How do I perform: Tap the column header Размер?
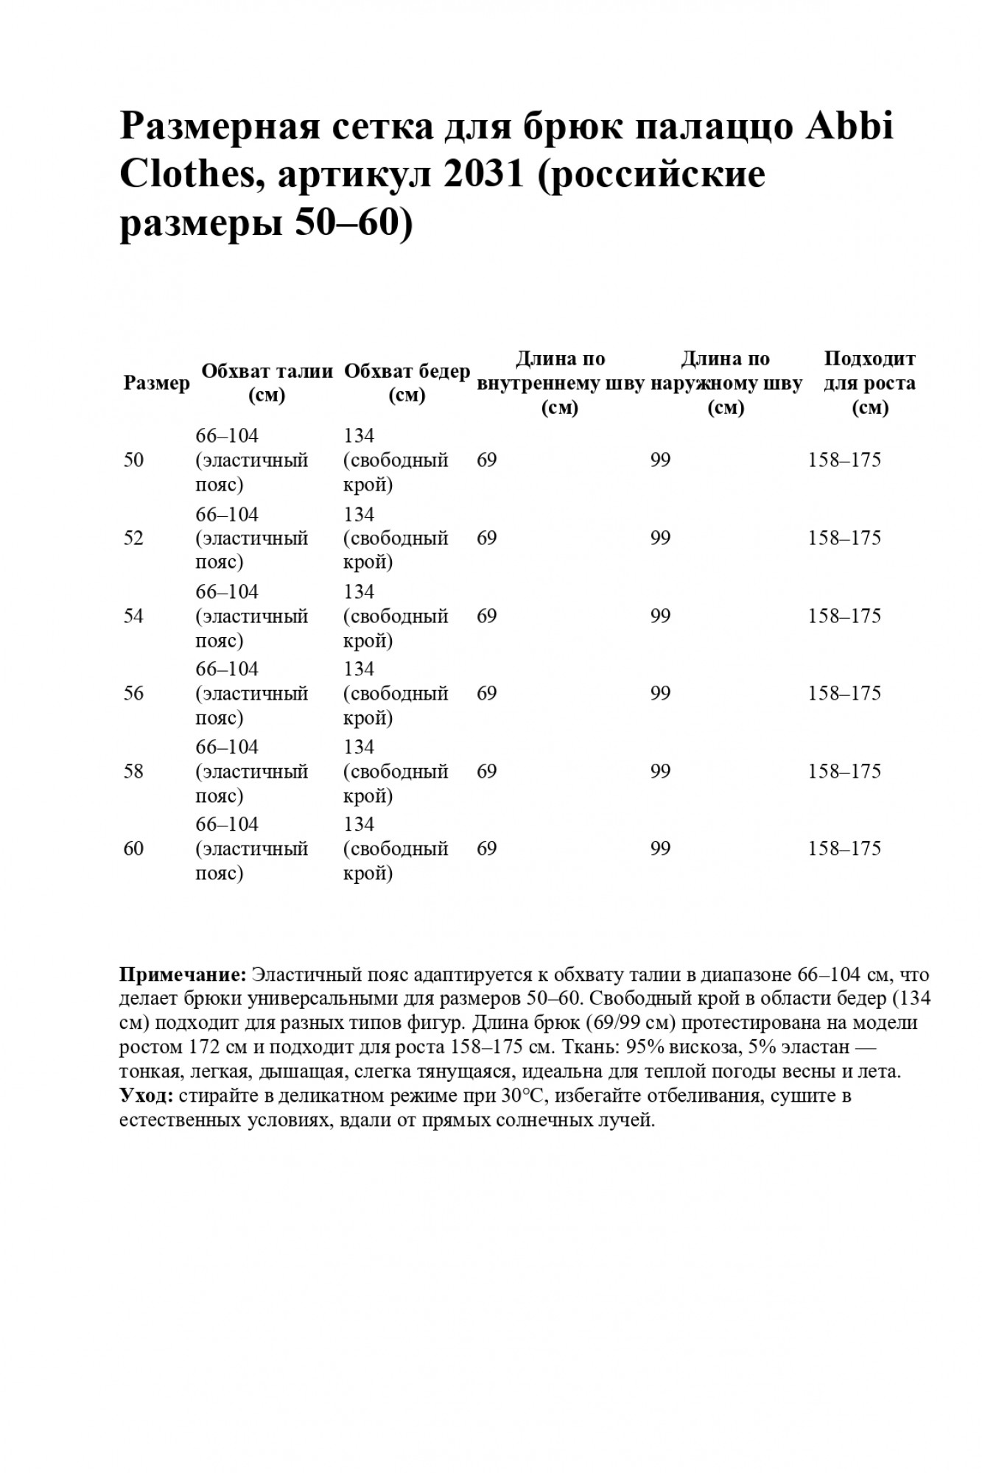click(x=156, y=383)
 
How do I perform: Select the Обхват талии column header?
click(x=267, y=383)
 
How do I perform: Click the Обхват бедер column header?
click(x=407, y=383)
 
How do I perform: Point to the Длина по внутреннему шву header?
click(x=561, y=383)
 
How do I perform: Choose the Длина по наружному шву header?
click(x=726, y=383)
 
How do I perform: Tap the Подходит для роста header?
click(x=869, y=383)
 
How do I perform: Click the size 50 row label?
click(x=134, y=460)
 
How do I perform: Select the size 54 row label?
click(x=134, y=616)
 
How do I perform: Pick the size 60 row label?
click(x=134, y=849)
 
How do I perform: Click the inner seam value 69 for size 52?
click(x=487, y=538)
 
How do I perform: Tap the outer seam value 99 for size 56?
click(x=661, y=694)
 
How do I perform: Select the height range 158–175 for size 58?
click(x=844, y=772)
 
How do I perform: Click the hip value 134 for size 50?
click(x=359, y=436)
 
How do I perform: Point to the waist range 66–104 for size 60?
click(x=227, y=824)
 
